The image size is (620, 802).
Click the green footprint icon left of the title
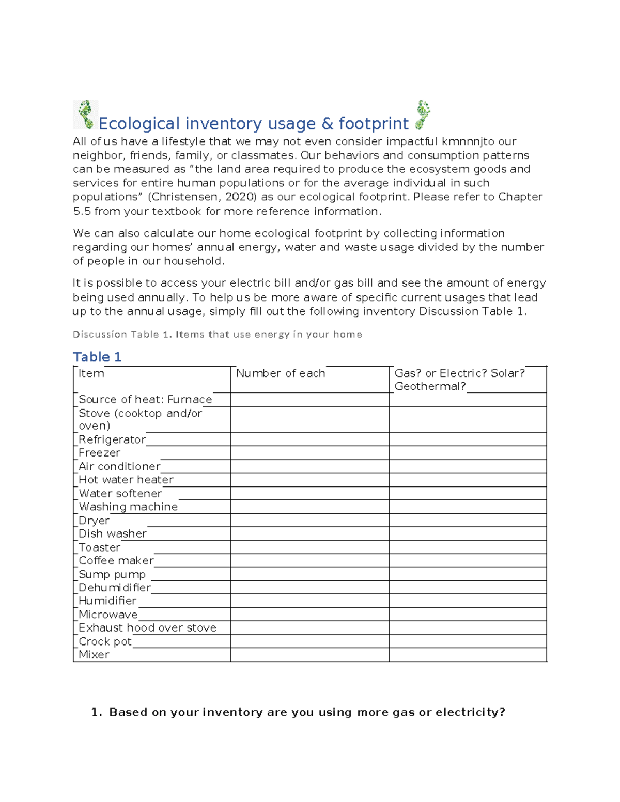pyautogui.click(x=85, y=114)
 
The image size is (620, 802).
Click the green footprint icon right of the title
pyautogui.click(x=423, y=114)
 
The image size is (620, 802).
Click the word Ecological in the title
pyautogui.click(x=139, y=124)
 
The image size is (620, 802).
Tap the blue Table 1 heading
pyautogui.click(x=97, y=357)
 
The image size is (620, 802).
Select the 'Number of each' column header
pyautogui.click(x=281, y=373)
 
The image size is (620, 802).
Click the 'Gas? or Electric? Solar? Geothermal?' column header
pyautogui.click(x=459, y=380)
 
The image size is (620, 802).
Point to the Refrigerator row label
pyautogui.click(x=112, y=439)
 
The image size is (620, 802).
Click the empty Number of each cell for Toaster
pyautogui.click(x=309, y=547)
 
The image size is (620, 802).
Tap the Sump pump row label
pyautogui.click(x=112, y=574)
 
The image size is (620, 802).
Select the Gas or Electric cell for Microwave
pyautogui.click(x=468, y=615)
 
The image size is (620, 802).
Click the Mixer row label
pyautogui.click(x=94, y=655)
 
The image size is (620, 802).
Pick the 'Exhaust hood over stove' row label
pyautogui.click(x=147, y=628)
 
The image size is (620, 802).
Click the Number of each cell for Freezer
pyautogui.click(x=309, y=453)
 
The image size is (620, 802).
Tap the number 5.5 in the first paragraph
pyautogui.click(x=82, y=211)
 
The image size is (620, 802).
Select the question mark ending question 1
pyautogui.click(x=502, y=713)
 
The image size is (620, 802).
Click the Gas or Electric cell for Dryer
pyautogui.click(x=468, y=520)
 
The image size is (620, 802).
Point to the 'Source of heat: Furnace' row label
pyautogui.click(x=145, y=400)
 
